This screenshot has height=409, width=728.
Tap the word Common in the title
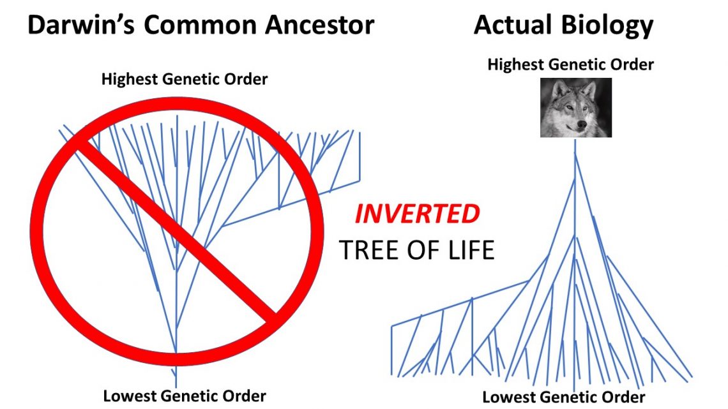[191, 25]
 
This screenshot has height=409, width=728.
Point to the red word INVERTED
[417, 214]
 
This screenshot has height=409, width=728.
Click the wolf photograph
[575, 107]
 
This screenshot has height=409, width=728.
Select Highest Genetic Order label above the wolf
[570, 64]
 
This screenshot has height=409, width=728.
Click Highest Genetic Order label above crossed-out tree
[184, 79]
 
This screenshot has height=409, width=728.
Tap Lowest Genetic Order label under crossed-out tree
[184, 396]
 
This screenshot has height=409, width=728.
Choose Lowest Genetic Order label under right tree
[563, 397]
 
